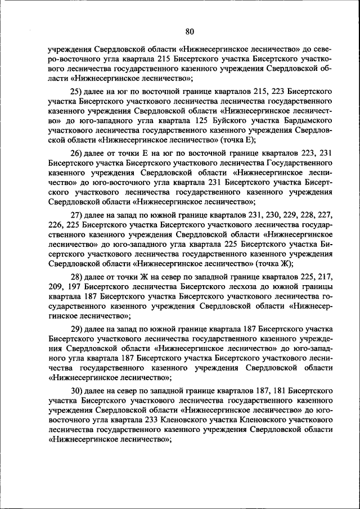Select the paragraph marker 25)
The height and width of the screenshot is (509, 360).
(76, 91)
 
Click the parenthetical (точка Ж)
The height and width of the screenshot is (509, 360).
(274, 263)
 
